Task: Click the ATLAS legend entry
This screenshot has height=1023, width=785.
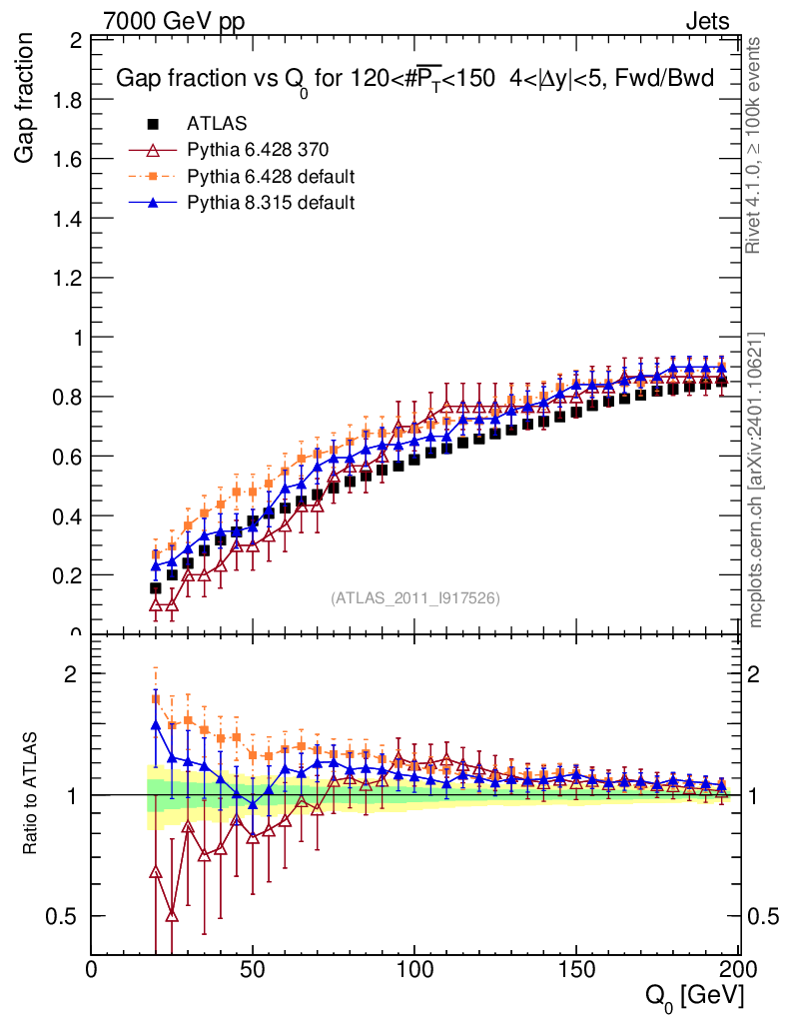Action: pyautogui.click(x=210, y=124)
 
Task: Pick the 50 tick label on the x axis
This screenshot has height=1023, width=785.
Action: pyautogui.click(x=253, y=969)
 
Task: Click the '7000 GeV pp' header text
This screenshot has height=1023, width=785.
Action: pyautogui.click(x=174, y=21)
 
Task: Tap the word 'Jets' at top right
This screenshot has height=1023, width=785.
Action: pyautogui.click(x=706, y=21)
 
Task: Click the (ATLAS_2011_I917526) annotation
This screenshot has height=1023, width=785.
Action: pyautogui.click(x=415, y=598)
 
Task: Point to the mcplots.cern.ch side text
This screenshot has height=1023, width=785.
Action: pyautogui.click(x=756, y=480)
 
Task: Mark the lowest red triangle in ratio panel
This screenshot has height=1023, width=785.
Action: pyautogui.click(x=172, y=916)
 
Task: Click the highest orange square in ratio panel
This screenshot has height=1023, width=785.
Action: pyautogui.click(x=155, y=699)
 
